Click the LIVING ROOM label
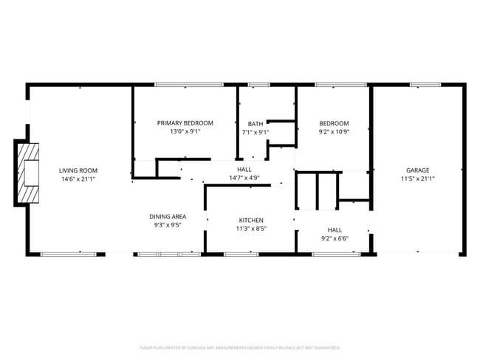point(78,170)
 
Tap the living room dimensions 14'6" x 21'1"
point(78,179)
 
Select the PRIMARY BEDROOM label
point(185,122)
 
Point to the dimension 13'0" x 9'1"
point(185,132)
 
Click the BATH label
point(256,123)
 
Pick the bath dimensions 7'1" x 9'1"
point(256,133)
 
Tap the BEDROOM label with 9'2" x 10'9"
point(334,123)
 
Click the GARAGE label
point(418,170)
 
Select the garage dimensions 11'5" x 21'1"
point(418,179)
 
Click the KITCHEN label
point(251,220)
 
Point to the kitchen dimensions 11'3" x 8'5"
point(251,229)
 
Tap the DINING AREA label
point(168,216)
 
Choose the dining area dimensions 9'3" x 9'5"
point(168,225)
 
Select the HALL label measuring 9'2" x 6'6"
point(335,229)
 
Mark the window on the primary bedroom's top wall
point(189,85)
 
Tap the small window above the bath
point(258,85)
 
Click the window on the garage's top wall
point(425,85)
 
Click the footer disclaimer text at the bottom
point(239,347)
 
